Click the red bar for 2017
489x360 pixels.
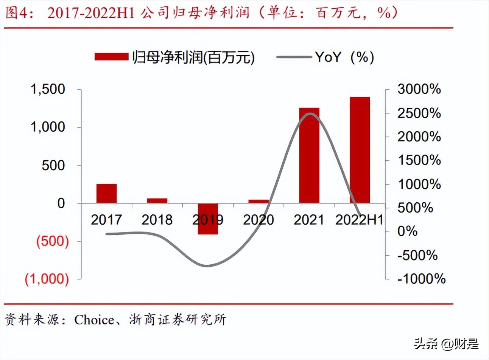tap(106, 194)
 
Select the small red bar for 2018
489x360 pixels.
tap(157, 201)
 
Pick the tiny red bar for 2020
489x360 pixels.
tap(259, 202)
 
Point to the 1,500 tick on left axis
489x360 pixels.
tap(48, 89)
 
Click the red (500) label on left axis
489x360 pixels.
tap(53, 241)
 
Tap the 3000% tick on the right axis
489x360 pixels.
tap(419, 89)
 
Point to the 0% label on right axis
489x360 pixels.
tap(407, 231)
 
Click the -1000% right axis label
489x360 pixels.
tap(421, 279)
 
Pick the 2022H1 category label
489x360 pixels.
tap(359, 220)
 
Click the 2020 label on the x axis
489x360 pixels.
tap(259, 220)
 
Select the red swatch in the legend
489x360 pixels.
tap(111, 57)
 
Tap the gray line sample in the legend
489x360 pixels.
tap(294, 57)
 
